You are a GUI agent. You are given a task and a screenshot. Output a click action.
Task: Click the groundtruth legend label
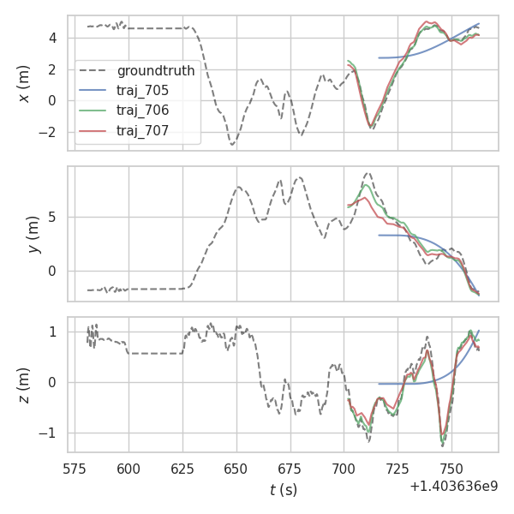tap(156, 70)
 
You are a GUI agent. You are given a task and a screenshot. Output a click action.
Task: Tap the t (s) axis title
tap(283, 490)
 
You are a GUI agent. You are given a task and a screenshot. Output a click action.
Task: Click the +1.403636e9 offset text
tap(453, 486)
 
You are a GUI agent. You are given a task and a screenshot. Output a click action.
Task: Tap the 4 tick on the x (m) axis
tap(53, 39)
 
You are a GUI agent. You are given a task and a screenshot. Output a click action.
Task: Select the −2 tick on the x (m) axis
tap(49, 133)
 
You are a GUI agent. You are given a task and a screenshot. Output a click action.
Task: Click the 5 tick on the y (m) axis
tap(53, 218)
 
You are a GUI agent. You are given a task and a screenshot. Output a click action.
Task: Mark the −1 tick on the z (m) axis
tap(49, 433)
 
